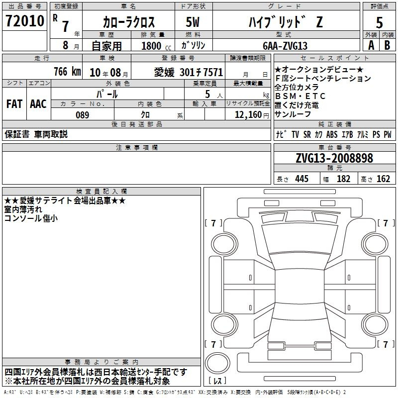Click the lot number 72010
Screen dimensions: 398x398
25,21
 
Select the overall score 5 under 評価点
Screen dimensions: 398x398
379,22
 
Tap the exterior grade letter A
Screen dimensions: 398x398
371,45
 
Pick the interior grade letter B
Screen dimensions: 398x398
387,45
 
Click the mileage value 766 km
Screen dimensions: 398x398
67,72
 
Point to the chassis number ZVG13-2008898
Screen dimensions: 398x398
334,158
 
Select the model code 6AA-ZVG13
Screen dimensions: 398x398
285,46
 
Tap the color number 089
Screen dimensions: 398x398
82,115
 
